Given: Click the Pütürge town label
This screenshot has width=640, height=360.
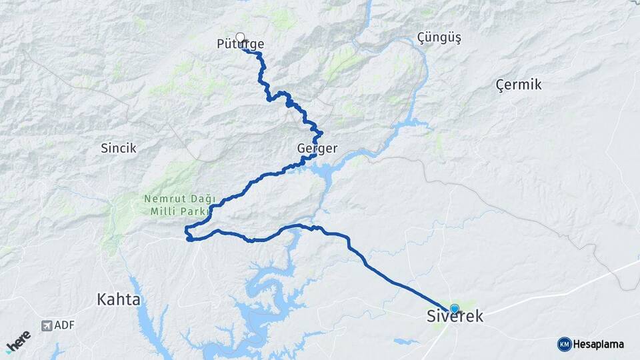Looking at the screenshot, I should (x=241, y=45).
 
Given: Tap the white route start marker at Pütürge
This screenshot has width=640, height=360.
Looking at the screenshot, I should (x=240, y=37).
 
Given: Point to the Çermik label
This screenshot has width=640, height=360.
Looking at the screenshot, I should (x=519, y=85).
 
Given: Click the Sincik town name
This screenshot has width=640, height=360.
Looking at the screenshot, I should (x=119, y=148).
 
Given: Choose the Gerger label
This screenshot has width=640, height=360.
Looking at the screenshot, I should (x=317, y=148).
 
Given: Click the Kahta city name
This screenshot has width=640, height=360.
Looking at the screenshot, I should (x=119, y=299).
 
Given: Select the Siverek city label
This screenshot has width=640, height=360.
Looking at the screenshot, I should (x=455, y=317).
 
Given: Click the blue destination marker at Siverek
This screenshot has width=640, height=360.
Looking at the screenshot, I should (x=455, y=309).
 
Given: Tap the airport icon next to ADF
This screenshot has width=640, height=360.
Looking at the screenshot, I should (x=46, y=325).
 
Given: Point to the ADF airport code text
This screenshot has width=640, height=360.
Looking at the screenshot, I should (x=65, y=325).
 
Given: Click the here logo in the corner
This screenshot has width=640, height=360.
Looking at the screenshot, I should (x=19, y=341).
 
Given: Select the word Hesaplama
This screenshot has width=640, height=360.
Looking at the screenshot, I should (x=599, y=344).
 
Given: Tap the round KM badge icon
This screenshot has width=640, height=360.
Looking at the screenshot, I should (x=564, y=344).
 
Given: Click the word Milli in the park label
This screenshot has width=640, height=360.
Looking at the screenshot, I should (x=159, y=211).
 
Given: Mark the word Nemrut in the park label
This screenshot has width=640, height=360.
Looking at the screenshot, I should (x=161, y=199).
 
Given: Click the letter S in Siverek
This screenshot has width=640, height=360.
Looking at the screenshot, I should (x=431, y=317).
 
